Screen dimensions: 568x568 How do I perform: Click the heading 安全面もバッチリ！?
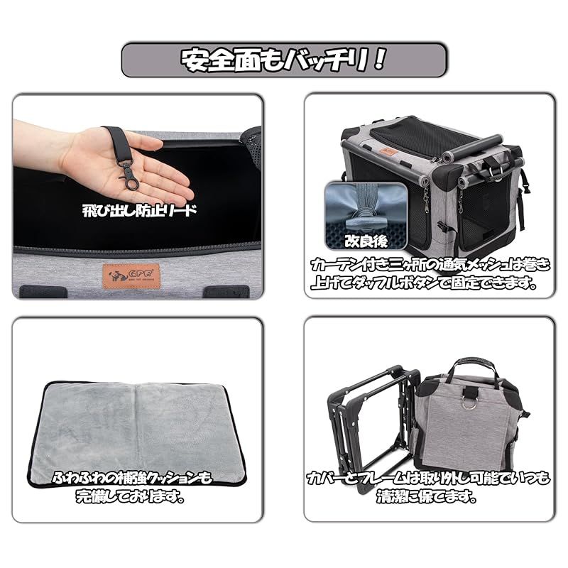point(284,60)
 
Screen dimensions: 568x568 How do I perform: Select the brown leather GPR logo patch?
point(122,273)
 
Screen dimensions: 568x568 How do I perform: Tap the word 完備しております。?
point(132,497)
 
